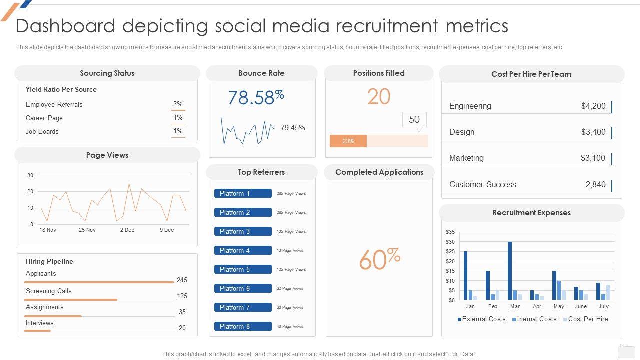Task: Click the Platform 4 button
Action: [243, 250]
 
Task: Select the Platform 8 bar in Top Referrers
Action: [243, 326]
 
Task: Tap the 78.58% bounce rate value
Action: [256, 97]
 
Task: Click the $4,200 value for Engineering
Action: [593, 106]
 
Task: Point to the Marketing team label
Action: [466, 158]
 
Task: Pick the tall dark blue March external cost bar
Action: [510, 270]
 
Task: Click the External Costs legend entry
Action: [481, 319]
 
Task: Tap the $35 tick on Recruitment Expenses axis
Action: [450, 232]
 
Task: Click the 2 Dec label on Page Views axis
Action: [127, 230]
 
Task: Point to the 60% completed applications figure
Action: [379, 259]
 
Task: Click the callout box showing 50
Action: [414, 120]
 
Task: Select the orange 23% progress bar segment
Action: [348, 141]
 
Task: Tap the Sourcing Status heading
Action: [107, 73]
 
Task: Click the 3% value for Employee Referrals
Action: [178, 104]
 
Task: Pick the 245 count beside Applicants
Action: [182, 280]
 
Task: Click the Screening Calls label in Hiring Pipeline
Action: [49, 291]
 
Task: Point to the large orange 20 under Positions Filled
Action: [379, 97]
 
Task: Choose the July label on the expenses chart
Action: [604, 306]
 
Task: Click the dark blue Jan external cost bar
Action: [466, 275]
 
